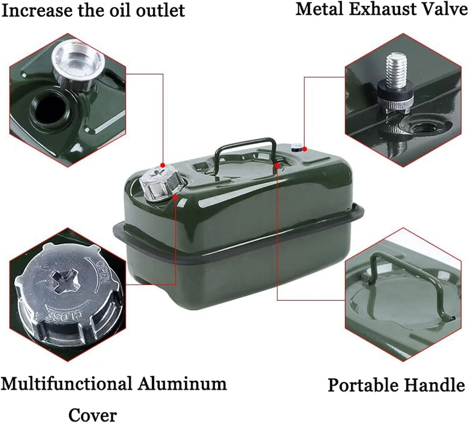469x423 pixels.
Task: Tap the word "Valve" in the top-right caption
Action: (442, 10)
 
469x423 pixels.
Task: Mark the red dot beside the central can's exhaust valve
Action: (305, 149)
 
